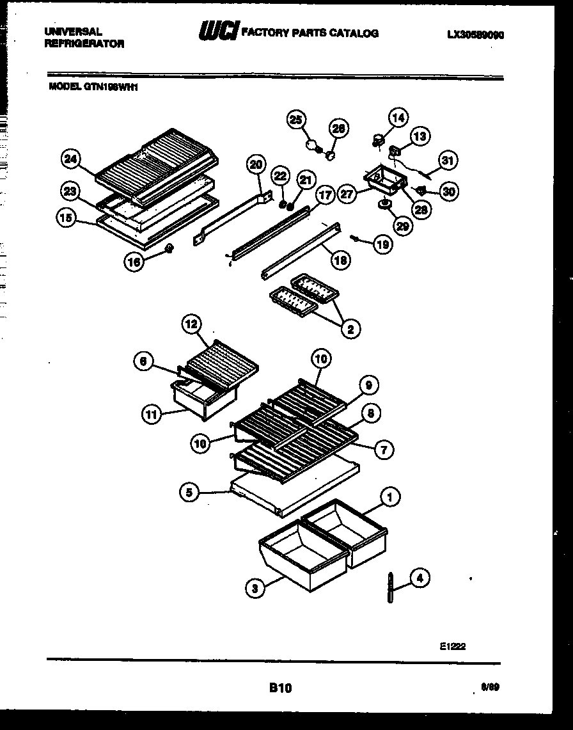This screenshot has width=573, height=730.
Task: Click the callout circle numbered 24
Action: point(71,159)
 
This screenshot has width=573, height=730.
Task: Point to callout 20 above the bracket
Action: point(256,164)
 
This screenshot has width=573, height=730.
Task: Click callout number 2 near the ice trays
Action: point(350,329)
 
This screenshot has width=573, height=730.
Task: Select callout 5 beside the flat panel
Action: point(189,493)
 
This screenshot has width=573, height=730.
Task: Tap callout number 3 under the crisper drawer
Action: point(255,589)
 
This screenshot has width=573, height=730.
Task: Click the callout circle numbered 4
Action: point(420,578)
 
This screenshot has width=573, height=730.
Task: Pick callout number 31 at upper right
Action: point(447,161)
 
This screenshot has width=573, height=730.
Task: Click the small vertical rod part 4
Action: point(389,587)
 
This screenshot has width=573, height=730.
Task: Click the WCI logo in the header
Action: point(219,31)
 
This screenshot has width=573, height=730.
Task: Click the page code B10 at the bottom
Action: point(280,688)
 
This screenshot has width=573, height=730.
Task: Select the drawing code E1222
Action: point(452,646)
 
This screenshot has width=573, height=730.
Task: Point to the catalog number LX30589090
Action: point(475,36)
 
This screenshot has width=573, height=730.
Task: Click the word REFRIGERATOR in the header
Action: point(84,44)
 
